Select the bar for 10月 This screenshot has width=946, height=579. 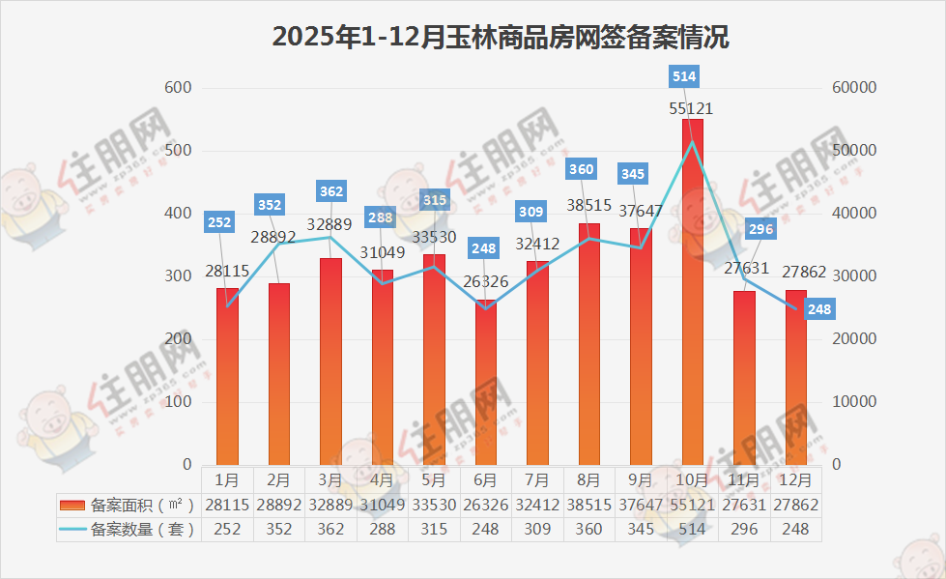pos(692,290)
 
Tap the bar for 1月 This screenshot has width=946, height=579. pos(227,377)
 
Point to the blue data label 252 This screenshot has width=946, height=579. pos(219,222)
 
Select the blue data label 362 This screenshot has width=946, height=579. pos(330,191)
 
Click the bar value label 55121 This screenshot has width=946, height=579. pos(693,109)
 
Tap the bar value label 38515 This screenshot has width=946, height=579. pos(588,205)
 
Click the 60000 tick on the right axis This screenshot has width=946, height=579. pos(853,88)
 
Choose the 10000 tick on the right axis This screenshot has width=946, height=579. pos(853,401)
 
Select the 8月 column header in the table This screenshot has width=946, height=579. pos(588,478)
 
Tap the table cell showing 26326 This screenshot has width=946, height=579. pos(485,504)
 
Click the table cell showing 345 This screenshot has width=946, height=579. pos(641,529)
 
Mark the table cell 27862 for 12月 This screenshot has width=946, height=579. pos(796,504)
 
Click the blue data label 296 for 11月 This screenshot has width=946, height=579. pos(760,229)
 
